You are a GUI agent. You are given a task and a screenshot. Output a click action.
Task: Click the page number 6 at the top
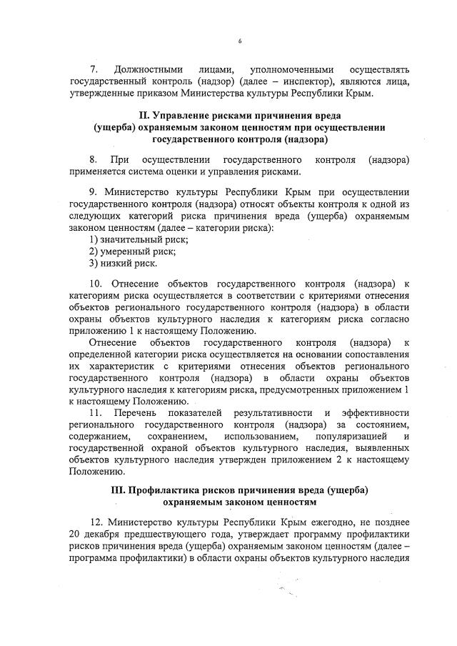[239, 41]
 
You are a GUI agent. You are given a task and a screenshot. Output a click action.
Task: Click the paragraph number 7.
[93, 69]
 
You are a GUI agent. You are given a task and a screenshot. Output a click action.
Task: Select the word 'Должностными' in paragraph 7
[149, 69]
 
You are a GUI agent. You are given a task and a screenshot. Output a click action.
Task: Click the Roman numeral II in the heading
[143, 115]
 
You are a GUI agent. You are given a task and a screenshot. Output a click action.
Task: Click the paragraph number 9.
[93, 193]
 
